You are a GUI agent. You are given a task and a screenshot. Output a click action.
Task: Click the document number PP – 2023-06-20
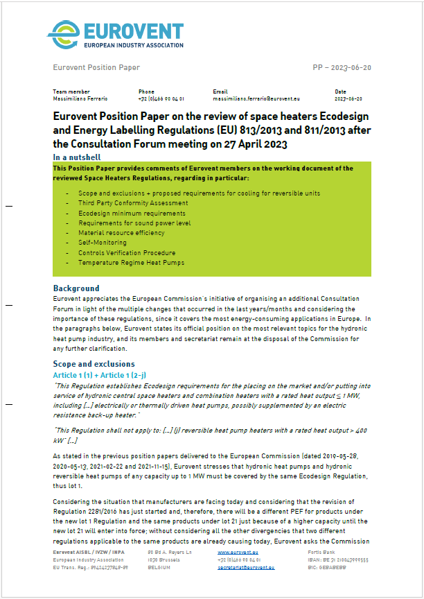342,68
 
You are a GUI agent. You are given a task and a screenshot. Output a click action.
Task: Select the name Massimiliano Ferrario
78,98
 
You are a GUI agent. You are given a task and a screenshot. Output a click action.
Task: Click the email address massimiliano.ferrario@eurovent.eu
256,98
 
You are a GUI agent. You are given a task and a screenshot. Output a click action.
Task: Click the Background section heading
76,288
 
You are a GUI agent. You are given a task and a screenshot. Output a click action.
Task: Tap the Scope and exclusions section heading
94,364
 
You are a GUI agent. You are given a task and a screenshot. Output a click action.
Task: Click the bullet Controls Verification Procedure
127,253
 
